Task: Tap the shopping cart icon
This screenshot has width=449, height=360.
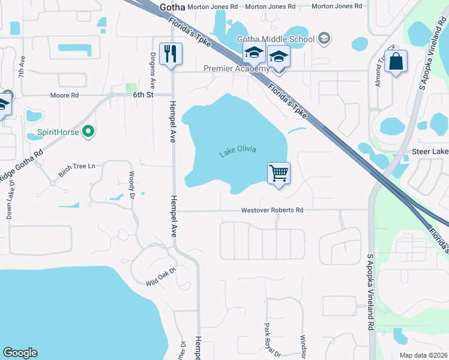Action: [279, 174]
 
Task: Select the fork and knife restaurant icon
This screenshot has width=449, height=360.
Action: [170, 55]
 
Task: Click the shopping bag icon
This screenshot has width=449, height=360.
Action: [396, 61]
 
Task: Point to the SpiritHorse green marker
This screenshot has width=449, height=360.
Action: [89, 131]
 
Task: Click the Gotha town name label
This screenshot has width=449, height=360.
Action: [172, 7]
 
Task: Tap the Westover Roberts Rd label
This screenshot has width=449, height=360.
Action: [272, 211]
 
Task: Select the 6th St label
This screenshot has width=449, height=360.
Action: [143, 95]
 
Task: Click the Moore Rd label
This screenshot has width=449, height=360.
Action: [65, 95]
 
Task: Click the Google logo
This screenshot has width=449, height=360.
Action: [20, 353]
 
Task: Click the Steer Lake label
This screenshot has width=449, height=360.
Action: [430, 153]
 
